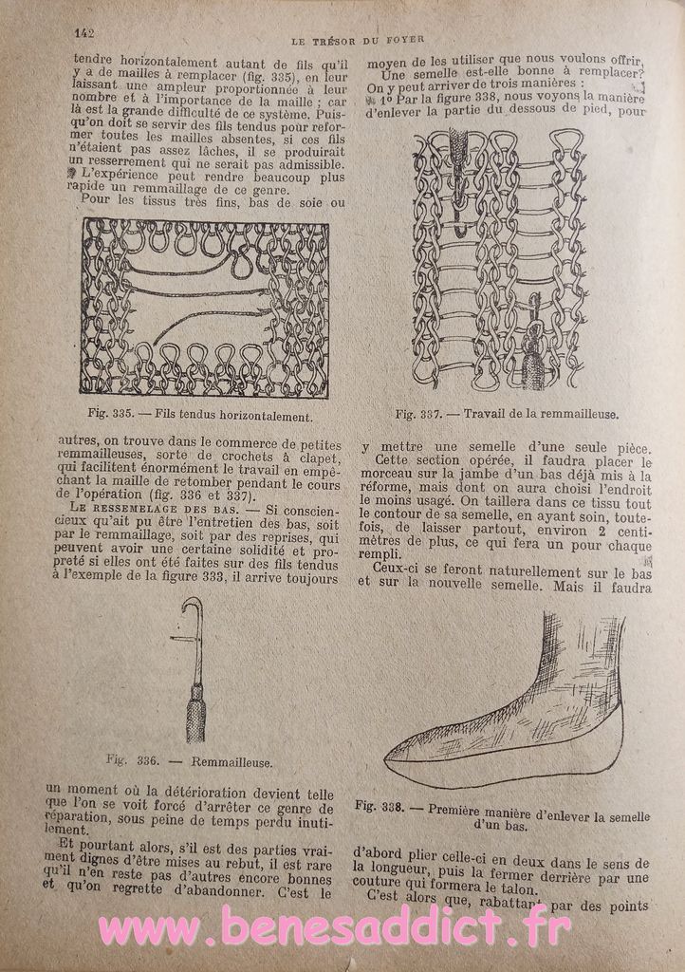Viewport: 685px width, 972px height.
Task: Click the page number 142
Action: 83,32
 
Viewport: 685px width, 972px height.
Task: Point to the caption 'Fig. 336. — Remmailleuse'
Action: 190,760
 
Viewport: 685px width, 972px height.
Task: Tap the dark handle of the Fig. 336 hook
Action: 194,720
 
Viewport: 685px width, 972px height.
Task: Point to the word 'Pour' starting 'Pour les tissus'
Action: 97,201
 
